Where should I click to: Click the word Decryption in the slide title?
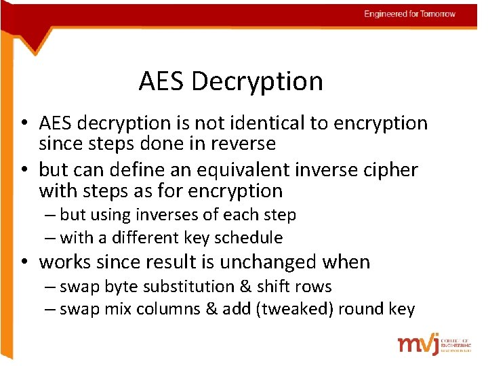click(257, 81)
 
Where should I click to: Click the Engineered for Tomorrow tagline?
click(409, 14)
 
